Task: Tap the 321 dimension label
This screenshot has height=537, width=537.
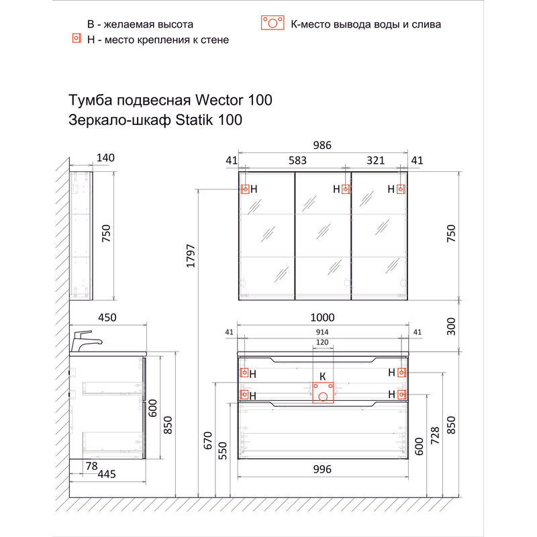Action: tap(375, 160)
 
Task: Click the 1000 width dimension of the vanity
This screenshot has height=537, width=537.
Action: tap(322, 318)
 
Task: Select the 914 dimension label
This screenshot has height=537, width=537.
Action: tap(322, 332)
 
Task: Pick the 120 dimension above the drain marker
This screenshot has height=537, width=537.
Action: tap(322, 343)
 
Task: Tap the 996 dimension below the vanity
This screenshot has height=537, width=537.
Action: tap(322, 470)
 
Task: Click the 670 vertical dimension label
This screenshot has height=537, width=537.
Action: tap(208, 441)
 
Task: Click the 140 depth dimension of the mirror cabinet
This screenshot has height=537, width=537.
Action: tap(106, 158)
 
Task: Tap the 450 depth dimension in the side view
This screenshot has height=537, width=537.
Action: tap(107, 318)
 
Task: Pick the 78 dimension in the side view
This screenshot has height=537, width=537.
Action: tap(92, 465)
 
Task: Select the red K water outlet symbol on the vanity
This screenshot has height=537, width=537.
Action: tap(323, 392)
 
